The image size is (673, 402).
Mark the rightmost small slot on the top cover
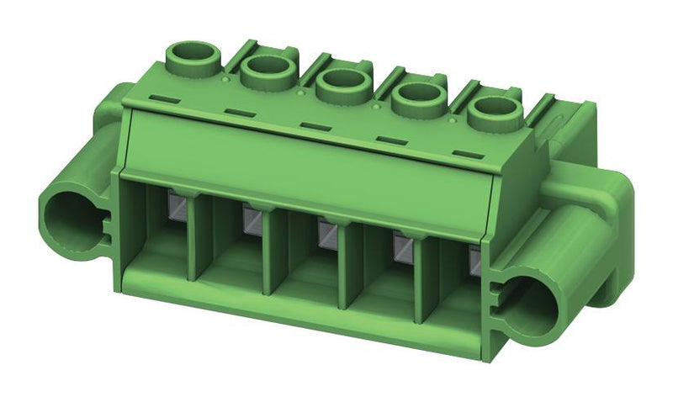click(x=464, y=152)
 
